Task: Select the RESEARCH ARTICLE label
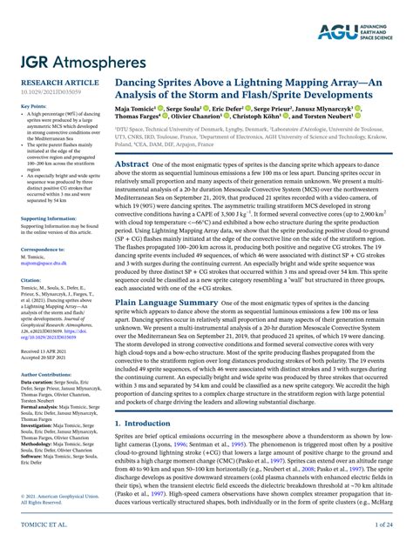pos(53,83)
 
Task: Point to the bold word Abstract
pos(132,164)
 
